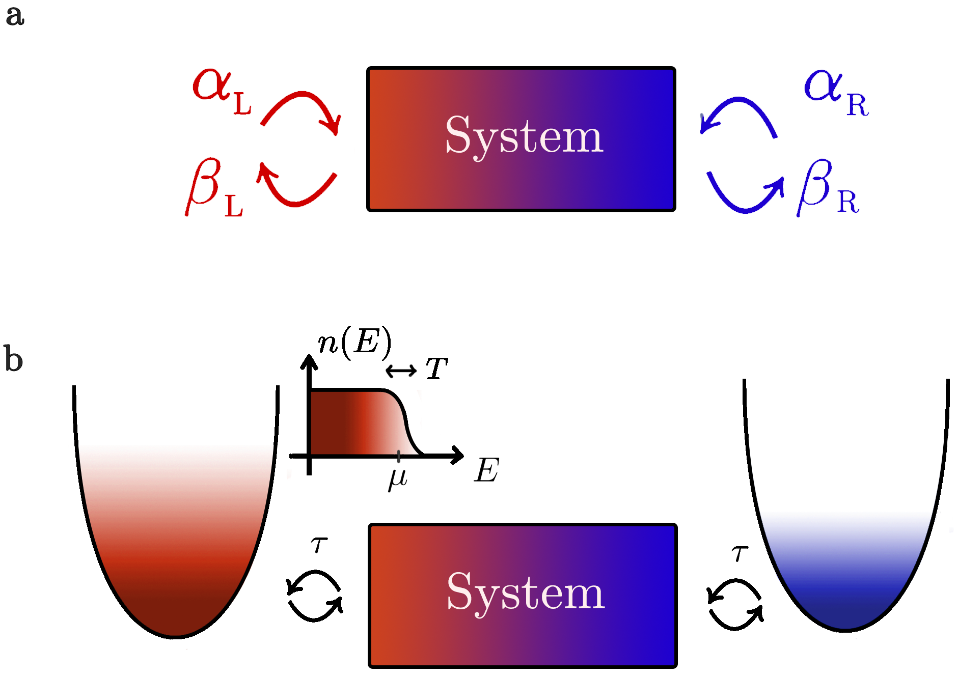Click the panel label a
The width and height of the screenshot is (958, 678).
pyautogui.click(x=15, y=16)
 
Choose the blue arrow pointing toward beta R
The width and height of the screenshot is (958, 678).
pyautogui.click(x=746, y=196)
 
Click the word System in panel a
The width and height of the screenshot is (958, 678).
pyautogui.click(x=524, y=136)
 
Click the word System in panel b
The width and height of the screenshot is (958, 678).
pyautogui.click(x=526, y=592)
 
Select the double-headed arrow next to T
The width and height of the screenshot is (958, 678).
pyautogui.click(x=401, y=371)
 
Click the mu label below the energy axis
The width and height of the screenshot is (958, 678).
pyautogui.click(x=398, y=478)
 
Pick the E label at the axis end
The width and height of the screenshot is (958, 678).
pyautogui.click(x=486, y=470)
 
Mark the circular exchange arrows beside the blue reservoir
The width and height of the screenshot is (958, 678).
pyautogui.click(x=735, y=605)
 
